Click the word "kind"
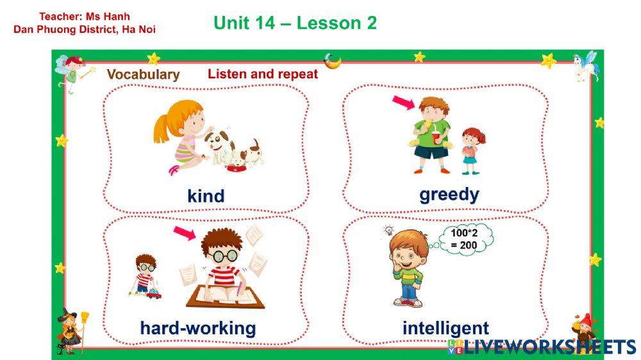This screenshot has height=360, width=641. click(206, 195)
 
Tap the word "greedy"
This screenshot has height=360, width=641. click(449, 194)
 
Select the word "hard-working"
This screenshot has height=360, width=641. click(197, 329)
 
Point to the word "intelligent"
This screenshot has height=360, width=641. click(445, 329)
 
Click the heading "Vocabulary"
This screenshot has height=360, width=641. click(143, 74)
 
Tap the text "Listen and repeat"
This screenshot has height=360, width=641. click(263, 74)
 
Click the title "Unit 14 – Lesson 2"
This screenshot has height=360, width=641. click(295, 23)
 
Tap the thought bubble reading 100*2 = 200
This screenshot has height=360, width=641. click(464, 239)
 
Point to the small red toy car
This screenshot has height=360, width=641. click(154, 294)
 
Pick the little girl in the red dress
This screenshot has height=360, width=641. click(471, 150)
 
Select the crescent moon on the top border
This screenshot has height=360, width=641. click(332, 61)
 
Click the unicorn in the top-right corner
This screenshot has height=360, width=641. click(585, 65)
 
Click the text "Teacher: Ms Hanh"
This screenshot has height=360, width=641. click(85, 17)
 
